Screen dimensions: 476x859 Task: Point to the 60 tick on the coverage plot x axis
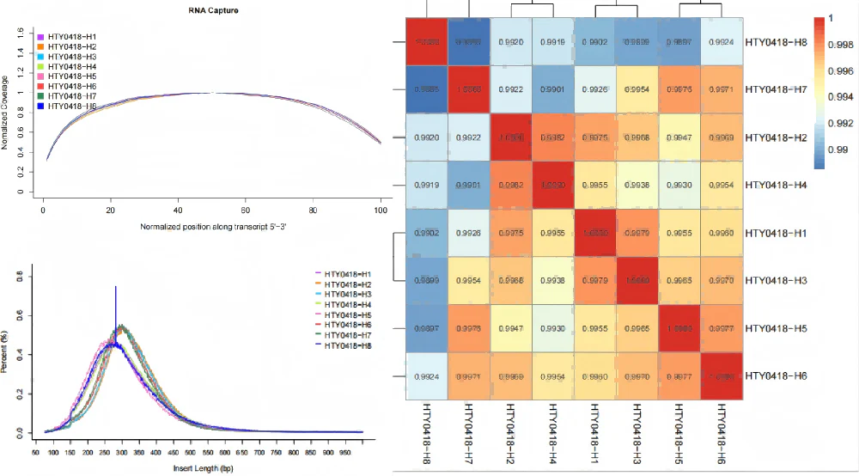tap(245, 209)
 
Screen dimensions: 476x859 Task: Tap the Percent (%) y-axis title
tap(6, 352)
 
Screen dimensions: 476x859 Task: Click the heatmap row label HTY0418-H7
tap(778, 89)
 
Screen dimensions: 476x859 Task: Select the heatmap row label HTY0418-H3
tap(778, 281)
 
